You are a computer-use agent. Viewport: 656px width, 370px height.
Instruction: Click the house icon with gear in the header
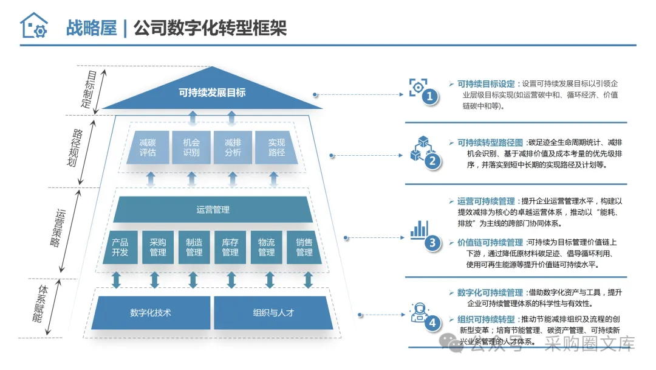(x=33, y=26)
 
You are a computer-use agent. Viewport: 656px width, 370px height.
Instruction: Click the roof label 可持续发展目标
(x=212, y=92)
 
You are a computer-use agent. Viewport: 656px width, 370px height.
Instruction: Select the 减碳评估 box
(x=148, y=147)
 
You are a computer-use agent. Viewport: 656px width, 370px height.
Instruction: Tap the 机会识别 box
(x=191, y=147)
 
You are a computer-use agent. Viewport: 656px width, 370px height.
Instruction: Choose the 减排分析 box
(x=233, y=147)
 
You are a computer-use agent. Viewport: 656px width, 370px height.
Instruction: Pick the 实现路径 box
(x=276, y=147)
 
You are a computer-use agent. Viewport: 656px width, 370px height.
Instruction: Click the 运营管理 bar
(x=213, y=210)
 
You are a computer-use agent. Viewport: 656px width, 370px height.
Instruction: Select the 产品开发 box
(x=120, y=247)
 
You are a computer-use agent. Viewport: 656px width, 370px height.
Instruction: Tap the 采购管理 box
(x=158, y=247)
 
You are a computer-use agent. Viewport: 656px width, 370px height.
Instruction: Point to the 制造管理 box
(x=194, y=247)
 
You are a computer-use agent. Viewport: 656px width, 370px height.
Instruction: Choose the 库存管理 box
(x=230, y=247)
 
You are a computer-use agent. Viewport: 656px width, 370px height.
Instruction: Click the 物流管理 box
(x=267, y=247)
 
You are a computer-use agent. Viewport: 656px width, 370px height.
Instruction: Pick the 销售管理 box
(x=304, y=247)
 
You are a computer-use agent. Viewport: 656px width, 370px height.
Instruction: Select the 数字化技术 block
(x=151, y=313)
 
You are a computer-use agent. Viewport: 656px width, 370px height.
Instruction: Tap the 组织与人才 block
(x=273, y=313)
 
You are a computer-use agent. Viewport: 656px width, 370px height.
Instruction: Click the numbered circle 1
(x=430, y=96)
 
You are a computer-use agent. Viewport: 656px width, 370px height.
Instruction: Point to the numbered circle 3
(x=432, y=243)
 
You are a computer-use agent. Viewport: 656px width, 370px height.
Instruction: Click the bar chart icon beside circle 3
(x=419, y=229)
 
